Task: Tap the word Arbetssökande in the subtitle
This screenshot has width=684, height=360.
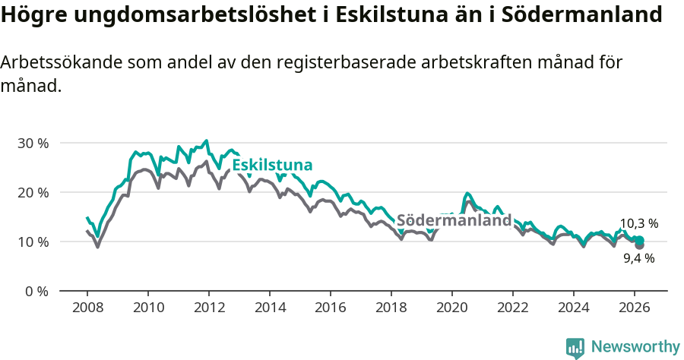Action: pos(62,63)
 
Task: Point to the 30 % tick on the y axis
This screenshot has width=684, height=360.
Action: pos(33,143)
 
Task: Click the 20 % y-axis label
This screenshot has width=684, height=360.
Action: pos(33,192)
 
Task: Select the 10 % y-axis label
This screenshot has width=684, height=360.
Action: pos(33,242)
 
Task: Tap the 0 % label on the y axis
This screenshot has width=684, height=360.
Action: pos(36,291)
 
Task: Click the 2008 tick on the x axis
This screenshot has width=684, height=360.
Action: pos(87,307)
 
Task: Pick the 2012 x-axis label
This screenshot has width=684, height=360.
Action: pos(209,307)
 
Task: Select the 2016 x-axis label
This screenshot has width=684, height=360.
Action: pos(331,307)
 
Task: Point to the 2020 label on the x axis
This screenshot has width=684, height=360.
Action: pos(452,307)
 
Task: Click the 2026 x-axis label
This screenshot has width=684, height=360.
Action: pos(635,307)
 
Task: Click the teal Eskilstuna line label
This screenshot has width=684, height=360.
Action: pos(272,166)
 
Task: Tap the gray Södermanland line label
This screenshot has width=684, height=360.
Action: pos(454,220)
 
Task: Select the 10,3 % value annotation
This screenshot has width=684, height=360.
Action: pos(638,223)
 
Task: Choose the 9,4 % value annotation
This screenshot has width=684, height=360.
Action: pos(638,258)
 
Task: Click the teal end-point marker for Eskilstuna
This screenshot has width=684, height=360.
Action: pos(639,240)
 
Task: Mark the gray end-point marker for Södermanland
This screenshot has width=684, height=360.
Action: pos(639,245)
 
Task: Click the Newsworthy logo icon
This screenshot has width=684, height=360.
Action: pos(575,348)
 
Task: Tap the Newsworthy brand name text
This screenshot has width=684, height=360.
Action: pos(635,347)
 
